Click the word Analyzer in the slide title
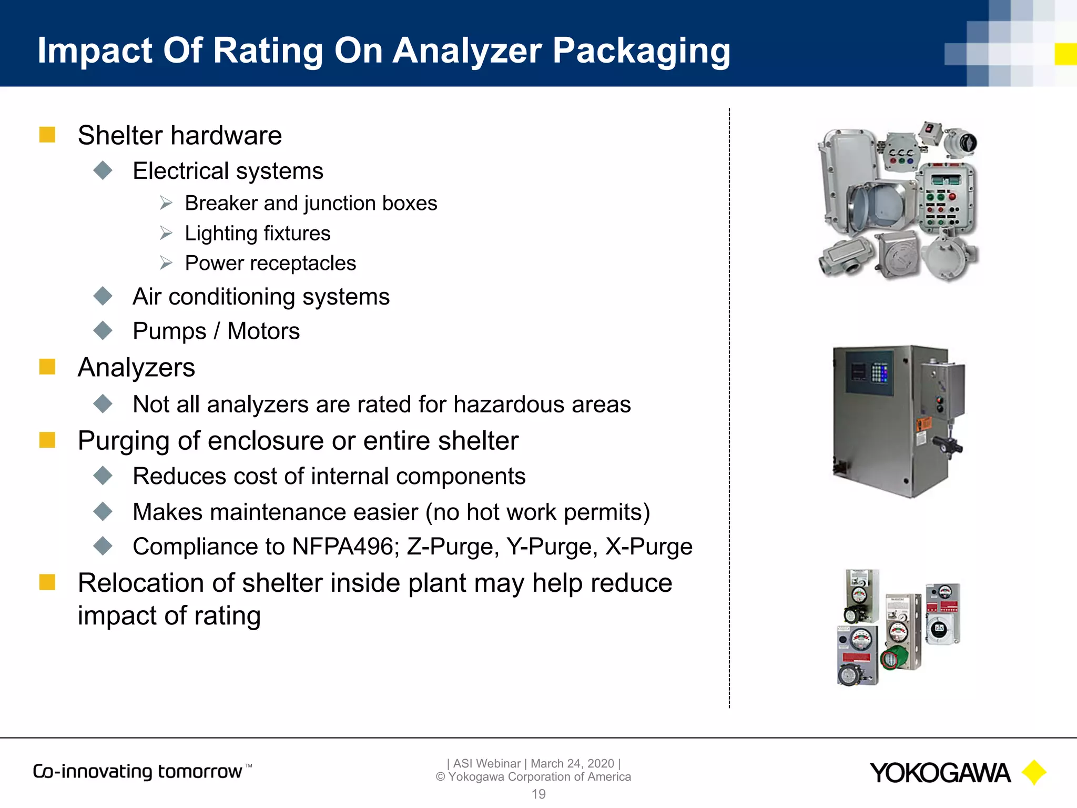[x=467, y=51]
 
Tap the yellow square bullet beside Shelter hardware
[x=47, y=135]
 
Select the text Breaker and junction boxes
[x=311, y=204]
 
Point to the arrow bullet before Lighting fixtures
[x=166, y=233]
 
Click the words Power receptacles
[x=270, y=264]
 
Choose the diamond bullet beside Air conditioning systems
[x=103, y=296]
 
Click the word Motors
[x=263, y=331]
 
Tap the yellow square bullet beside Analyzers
[x=47, y=367]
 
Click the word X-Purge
[x=649, y=547]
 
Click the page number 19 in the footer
[x=538, y=794]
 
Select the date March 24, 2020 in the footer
[x=572, y=763]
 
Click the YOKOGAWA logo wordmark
[x=940, y=773]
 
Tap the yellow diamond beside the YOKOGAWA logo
[x=1034, y=773]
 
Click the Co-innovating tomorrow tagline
[x=138, y=772]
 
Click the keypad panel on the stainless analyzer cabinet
[x=879, y=373]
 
